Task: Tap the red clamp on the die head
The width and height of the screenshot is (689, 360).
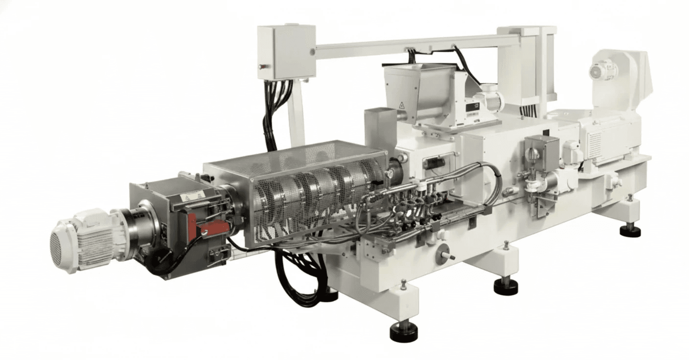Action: click(x=209, y=228)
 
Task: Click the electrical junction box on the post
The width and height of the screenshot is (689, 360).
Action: click(x=286, y=51)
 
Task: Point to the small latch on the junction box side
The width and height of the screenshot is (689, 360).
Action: click(x=261, y=64)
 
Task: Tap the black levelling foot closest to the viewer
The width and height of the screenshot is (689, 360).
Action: click(x=404, y=333)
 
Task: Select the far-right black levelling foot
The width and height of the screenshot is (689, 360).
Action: click(x=630, y=230)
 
